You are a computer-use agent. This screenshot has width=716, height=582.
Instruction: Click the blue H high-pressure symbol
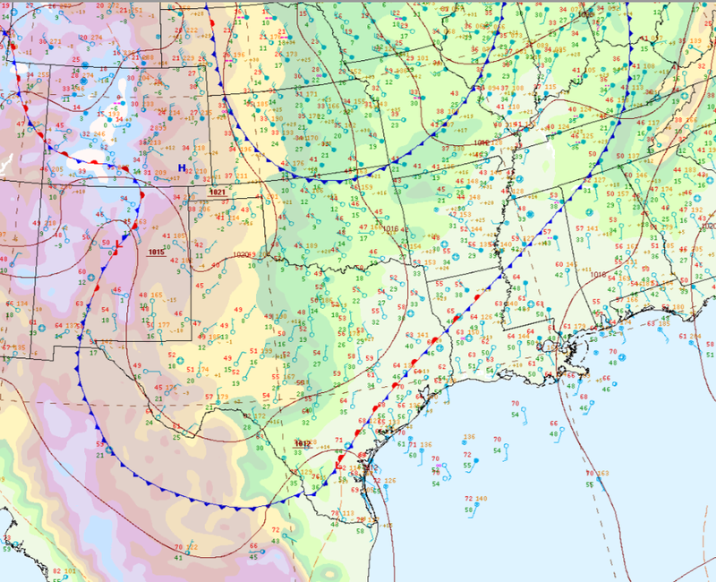pos(182,168)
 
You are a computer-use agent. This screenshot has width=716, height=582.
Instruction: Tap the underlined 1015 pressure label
pos(157,252)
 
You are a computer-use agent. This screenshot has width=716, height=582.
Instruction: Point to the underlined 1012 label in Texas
pos(303,443)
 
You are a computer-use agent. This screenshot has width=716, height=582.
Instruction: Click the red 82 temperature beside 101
pos(56,571)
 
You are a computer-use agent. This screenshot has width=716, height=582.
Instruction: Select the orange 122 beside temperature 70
pos(192,547)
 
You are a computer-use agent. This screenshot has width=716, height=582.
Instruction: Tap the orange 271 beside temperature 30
pos(55,42)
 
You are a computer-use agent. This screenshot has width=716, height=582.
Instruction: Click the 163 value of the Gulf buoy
pos(602,473)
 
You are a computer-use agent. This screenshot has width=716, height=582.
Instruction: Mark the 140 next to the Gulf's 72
pos(482,498)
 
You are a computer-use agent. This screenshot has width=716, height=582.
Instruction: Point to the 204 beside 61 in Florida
pos(695,336)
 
